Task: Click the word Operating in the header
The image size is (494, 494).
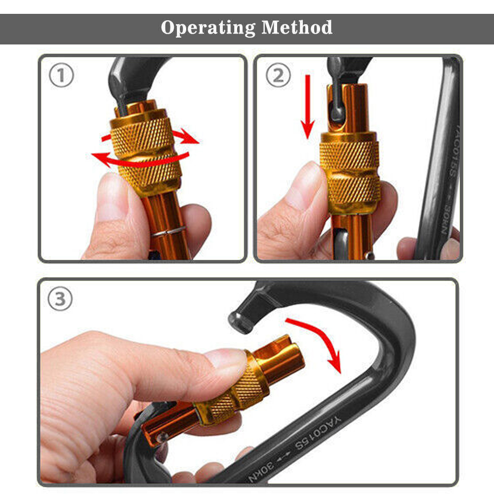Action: click(208, 28)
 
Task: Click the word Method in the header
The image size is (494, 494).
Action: click(297, 27)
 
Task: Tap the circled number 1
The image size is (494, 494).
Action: click(61, 75)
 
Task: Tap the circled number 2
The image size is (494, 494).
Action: click(278, 75)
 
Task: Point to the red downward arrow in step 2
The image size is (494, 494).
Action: click(308, 107)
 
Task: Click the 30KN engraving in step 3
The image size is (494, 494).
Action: click(261, 471)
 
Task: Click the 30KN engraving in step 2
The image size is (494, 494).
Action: click(449, 220)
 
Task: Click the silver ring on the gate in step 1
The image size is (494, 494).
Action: click(168, 232)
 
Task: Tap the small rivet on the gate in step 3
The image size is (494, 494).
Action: click(162, 437)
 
